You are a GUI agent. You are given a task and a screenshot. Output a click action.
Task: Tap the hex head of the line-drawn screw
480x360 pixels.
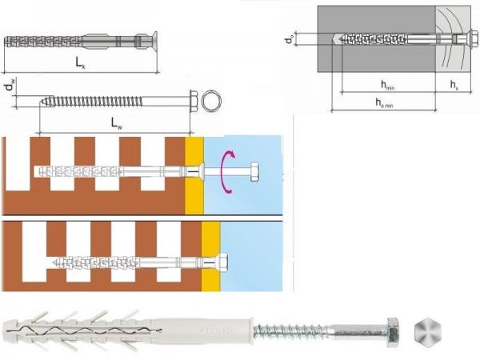click(x=193, y=102)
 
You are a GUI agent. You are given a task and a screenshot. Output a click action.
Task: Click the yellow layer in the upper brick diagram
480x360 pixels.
click(x=194, y=174)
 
